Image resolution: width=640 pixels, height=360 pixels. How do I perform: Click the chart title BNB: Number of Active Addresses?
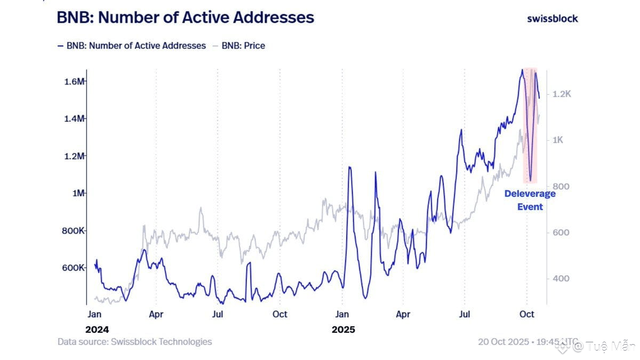[186, 18]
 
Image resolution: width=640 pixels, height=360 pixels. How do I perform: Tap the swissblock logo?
[552, 18]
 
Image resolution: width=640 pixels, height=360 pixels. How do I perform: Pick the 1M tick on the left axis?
[78, 193]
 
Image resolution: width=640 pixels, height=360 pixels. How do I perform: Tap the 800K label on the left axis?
[74, 231]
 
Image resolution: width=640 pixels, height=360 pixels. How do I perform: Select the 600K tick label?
[74, 268]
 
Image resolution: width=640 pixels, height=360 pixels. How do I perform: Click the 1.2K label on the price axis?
[562, 94]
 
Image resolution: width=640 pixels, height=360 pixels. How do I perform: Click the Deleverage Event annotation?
[530, 200]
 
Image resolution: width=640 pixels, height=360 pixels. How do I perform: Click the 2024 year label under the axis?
[97, 330]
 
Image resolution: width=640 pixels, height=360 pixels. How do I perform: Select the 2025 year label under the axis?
[343, 330]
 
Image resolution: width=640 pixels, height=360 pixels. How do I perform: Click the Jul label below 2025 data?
[465, 315]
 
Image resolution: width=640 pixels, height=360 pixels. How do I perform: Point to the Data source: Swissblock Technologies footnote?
[134, 342]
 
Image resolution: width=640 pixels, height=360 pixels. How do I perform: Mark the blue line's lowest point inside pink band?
[530, 180]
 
